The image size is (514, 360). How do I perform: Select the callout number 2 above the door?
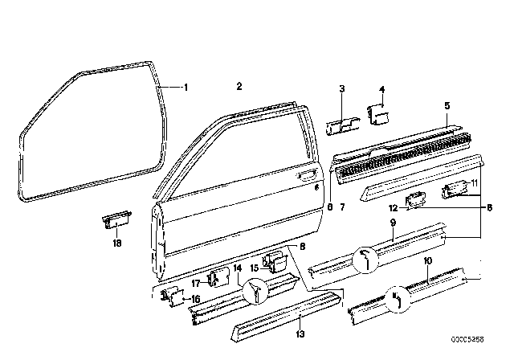[239, 86]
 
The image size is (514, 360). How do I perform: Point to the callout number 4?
[382, 90]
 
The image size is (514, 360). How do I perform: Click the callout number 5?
[447, 104]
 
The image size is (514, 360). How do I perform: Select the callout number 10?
[428, 260]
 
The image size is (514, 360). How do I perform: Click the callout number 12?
[403, 208]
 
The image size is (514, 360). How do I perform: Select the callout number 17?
[194, 282]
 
